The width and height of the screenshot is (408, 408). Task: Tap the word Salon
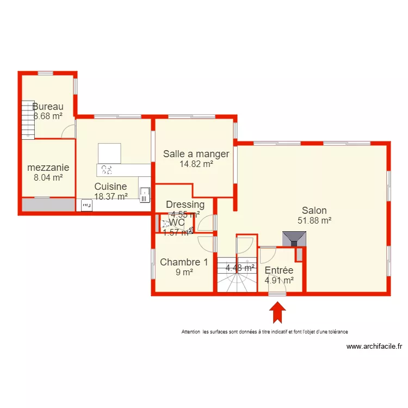314,211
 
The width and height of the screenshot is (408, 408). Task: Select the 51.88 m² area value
314,220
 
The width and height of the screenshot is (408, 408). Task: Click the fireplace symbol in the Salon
294,239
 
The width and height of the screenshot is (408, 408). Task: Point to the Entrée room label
279,270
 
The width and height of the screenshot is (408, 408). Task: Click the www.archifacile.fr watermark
374,346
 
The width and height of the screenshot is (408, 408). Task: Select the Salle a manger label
196,154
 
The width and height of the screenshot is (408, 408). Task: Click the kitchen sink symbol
145,194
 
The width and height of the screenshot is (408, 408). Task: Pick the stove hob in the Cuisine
107,170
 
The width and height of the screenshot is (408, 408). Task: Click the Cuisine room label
110,187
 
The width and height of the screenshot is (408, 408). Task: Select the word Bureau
48,107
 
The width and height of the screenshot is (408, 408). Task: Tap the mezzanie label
48,168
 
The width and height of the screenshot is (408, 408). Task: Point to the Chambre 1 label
184,262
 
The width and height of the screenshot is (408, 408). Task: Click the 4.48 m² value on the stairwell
240,268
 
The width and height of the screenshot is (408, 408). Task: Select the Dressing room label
185,205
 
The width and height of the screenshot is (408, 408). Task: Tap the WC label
176,223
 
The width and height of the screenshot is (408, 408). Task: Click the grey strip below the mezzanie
48,205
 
